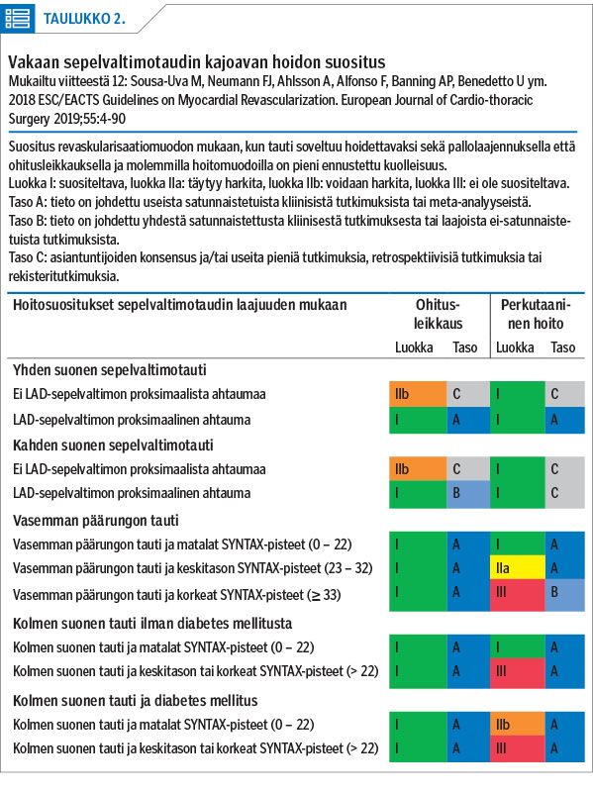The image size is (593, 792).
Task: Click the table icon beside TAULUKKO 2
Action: point(18,19)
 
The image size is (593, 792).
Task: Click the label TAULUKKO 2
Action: point(84,19)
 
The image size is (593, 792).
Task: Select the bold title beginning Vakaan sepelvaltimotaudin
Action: point(196,62)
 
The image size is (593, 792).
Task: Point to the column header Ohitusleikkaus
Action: point(438,314)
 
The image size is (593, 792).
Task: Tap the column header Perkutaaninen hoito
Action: point(536,314)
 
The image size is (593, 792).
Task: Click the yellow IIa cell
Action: point(517,567)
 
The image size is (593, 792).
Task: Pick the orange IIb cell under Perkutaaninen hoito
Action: point(517,724)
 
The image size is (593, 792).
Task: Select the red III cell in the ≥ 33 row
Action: point(517,593)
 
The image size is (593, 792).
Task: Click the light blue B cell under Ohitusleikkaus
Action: point(468,493)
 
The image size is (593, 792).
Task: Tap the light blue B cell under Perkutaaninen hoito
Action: point(564,593)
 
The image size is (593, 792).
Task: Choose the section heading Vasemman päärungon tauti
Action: point(96,521)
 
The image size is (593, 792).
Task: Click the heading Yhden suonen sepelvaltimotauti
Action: point(110,369)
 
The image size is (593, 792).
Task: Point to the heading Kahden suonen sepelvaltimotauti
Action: point(113,445)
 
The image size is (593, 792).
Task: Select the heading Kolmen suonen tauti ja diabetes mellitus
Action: point(136,701)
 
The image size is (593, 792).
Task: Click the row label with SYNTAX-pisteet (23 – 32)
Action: point(193,568)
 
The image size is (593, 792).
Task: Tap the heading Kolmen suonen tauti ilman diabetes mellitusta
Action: point(152,624)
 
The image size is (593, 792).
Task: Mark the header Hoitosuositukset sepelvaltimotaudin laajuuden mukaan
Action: point(180,305)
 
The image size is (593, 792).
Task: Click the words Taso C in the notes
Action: point(27,257)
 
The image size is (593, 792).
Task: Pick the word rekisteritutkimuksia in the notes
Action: point(63,276)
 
